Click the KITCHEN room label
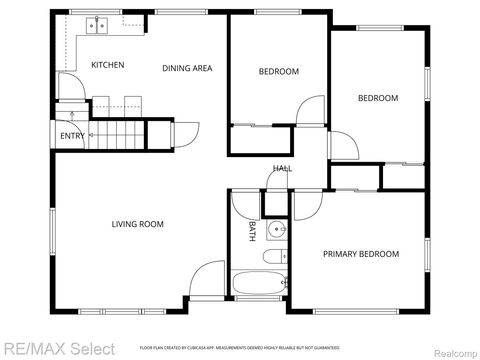click(x=108, y=65)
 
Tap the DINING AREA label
click(x=188, y=68)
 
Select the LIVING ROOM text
click(x=137, y=224)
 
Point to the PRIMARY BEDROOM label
click(x=360, y=254)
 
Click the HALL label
click(x=282, y=168)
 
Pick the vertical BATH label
click(x=250, y=230)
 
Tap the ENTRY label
click(x=72, y=135)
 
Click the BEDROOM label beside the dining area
click(x=279, y=71)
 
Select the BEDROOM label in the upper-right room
click(x=378, y=98)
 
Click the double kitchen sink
click(x=98, y=24)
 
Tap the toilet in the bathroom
click(x=274, y=257)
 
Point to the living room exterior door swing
click(x=207, y=280)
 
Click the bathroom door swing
click(x=246, y=203)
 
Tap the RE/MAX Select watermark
click(x=58, y=348)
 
